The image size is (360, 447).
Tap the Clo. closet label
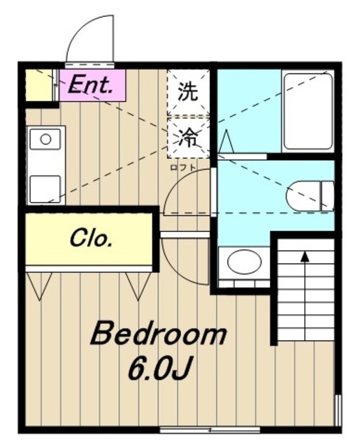click(91, 239)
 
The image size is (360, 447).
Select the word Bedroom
click(158, 335)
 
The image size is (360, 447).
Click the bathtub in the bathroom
click(308, 110)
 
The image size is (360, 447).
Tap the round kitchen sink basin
click(45, 138)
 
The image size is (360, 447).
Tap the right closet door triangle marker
click(136, 283)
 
